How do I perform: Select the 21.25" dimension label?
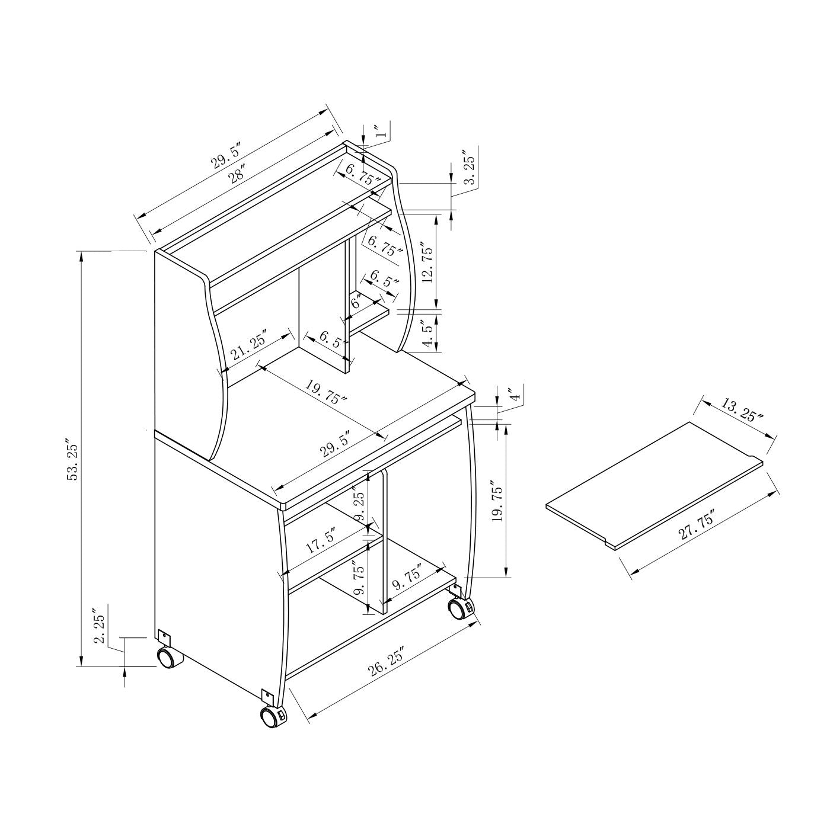(249, 345)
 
